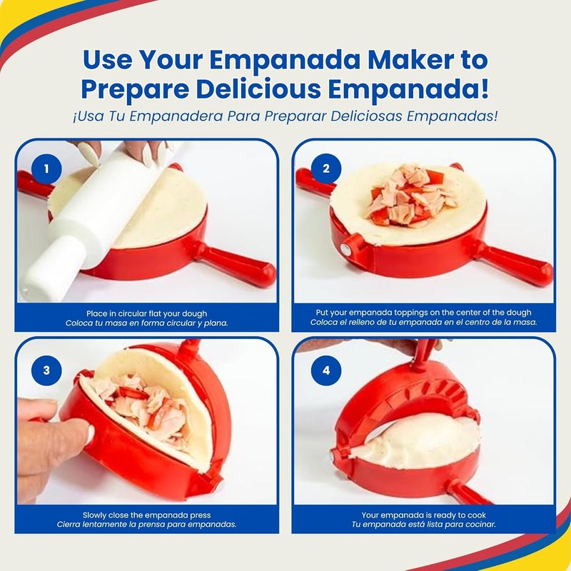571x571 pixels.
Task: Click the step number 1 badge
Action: click(x=46, y=169)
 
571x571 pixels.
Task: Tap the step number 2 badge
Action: click(x=326, y=169)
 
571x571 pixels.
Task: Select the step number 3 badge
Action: click(x=46, y=370)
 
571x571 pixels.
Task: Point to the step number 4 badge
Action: click(x=326, y=370)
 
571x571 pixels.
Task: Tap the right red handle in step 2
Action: click(x=517, y=264)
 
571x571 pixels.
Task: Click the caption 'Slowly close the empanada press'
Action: click(x=147, y=515)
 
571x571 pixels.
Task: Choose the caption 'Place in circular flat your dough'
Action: click(x=146, y=313)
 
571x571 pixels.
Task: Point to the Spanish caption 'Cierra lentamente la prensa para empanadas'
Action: click(x=147, y=524)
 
